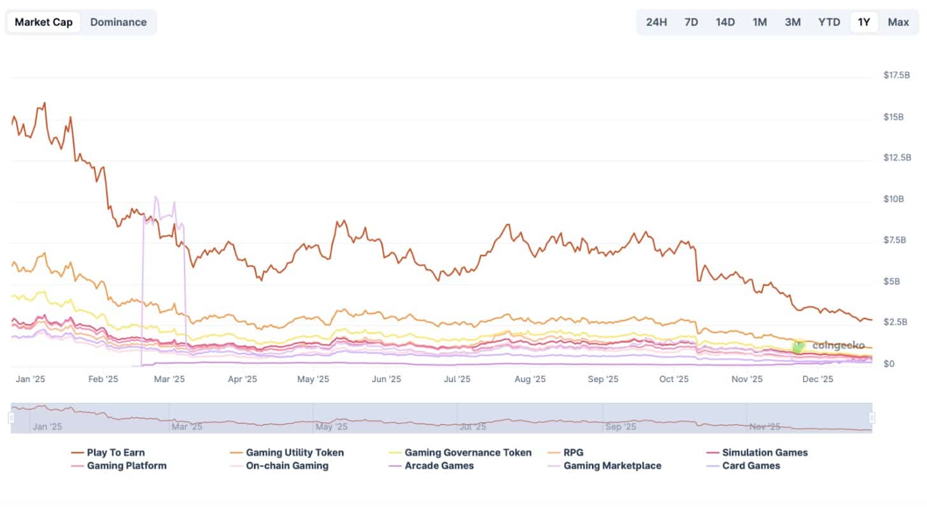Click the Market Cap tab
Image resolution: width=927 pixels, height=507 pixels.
pyautogui.click(x=43, y=22)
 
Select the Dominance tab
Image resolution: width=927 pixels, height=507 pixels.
pyautogui.click(x=118, y=22)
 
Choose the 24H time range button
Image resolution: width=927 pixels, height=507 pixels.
pyautogui.click(x=656, y=22)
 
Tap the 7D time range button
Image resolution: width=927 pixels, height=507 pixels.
pyautogui.click(x=691, y=22)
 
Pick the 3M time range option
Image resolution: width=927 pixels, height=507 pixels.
pyautogui.click(x=793, y=22)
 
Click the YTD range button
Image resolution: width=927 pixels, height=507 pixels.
pyautogui.click(x=829, y=22)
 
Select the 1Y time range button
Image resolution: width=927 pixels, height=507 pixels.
pyautogui.click(x=864, y=22)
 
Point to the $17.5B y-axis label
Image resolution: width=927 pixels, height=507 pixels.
pyautogui.click(x=896, y=75)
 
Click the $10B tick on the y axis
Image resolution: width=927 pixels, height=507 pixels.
pyautogui.click(x=893, y=199)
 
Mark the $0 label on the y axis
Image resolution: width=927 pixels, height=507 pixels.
pyautogui.click(x=889, y=364)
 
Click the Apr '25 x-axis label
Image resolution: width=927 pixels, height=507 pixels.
pyautogui.click(x=242, y=379)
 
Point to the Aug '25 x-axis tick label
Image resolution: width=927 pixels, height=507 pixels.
pyautogui.click(x=530, y=379)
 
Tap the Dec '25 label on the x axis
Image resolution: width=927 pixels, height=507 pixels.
pyautogui.click(x=817, y=379)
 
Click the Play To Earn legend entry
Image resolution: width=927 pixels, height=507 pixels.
pyautogui.click(x=108, y=452)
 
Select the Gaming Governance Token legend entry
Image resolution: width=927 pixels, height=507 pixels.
pyautogui.click(x=460, y=452)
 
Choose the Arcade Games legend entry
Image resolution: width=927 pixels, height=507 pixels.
pyautogui.click(x=431, y=466)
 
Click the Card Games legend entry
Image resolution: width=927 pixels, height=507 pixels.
pyautogui.click(x=743, y=466)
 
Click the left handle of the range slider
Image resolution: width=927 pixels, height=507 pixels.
pyautogui.click(x=11, y=418)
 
